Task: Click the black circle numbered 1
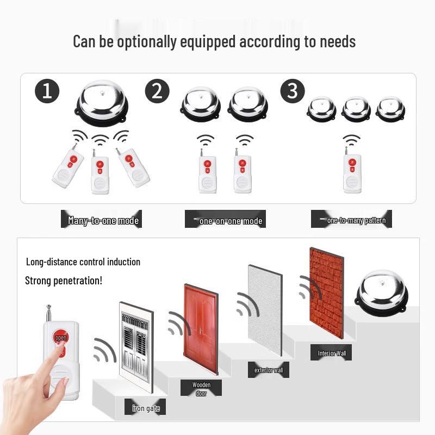click(x=47, y=91)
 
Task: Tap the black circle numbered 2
click(x=157, y=91)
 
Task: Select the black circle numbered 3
click(x=293, y=91)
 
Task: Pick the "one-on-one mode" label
click(x=230, y=220)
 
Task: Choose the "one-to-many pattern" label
click(x=356, y=220)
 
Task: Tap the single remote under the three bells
click(x=352, y=171)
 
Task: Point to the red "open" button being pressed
click(x=60, y=338)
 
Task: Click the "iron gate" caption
click(x=146, y=407)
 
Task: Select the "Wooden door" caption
click(x=201, y=389)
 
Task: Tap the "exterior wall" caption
click(x=269, y=370)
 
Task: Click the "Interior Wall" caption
click(x=332, y=353)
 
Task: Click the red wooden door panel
click(x=201, y=329)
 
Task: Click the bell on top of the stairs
click(x=382, y=294)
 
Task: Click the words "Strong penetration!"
click(x=64, y=281)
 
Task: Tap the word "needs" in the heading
click(x=336, y=41)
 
